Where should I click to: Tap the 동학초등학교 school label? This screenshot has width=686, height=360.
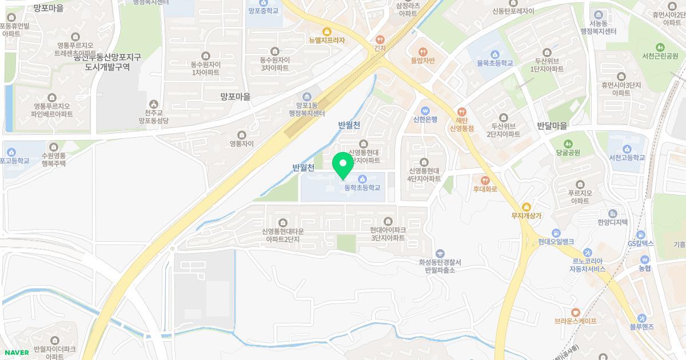pyautogui.click(x=362, y=187)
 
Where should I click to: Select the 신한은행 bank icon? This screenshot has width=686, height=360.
pyautogui.click(x=425, y=110)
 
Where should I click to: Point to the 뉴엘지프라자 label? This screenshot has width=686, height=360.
pyautogui.click(x=327, y=41)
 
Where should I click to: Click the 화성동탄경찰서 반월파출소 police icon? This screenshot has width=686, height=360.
pyautogui.click(x=440, y=253)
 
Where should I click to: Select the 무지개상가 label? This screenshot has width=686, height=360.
pyautogui.click(x=527, y=215)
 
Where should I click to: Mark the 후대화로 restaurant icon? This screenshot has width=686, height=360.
pyautogui.click(x=485, y=180)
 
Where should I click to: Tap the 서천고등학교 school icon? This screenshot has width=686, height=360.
pyautogui.click(x=627, y=148)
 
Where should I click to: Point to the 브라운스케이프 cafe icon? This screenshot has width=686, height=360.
pyautogui.click(x=575, y=312)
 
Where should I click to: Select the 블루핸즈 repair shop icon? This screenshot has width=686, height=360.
pyautogui.click(x=641, y=318)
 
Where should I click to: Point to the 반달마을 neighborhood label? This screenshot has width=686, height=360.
pyautogui.click(x=552, y=125)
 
